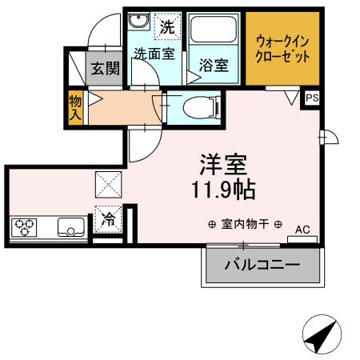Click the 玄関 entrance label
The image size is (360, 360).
[x=105, y=69]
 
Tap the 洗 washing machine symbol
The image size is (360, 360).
[x=166, y=26]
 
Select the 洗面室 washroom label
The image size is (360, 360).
[x=154, y=55]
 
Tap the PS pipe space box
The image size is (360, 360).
[x=312, y=98]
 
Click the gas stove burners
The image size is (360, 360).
[x=26, y=226]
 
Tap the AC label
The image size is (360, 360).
[x=302, y=230]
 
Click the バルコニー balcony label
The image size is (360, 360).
[x=262, y=264]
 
